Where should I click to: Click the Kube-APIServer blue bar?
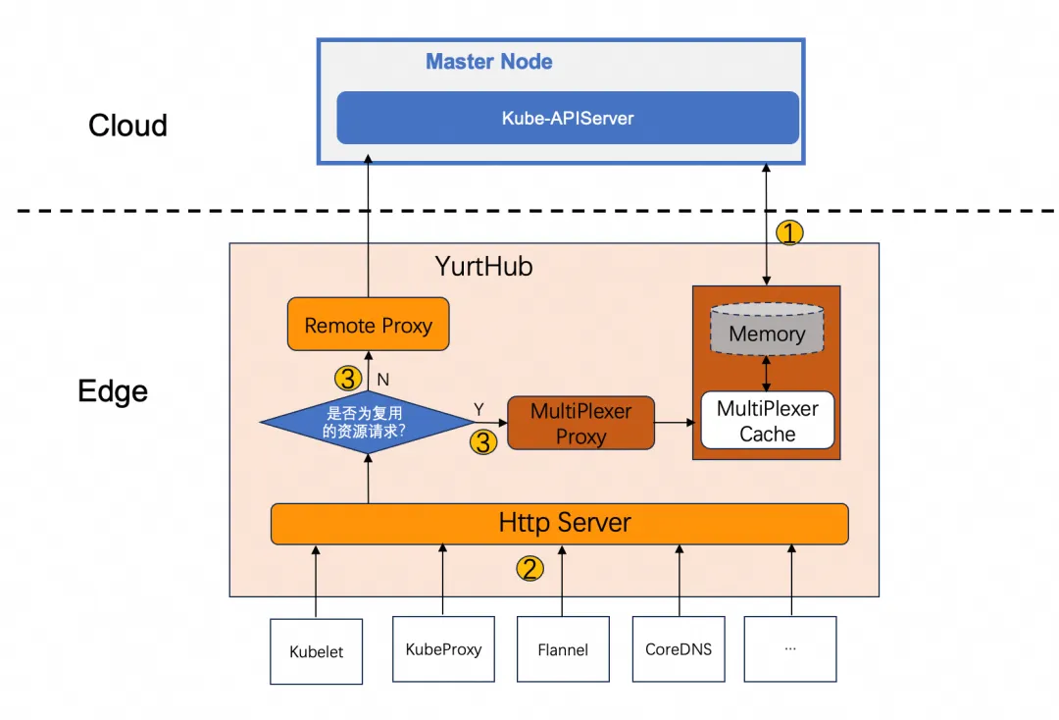click(568, 118)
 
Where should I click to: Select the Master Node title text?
click(488, 62)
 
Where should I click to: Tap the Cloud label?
click(127, 126)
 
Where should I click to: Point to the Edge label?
click(113, 391)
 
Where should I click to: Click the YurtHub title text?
click(483, 266)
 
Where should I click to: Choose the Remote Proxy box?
click(368, 325)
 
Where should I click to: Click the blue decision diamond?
click(367, 423)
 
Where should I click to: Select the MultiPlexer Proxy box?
click(580, 424)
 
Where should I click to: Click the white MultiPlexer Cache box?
click(767, 421)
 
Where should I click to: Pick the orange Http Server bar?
click(559, 523)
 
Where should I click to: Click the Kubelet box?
click(316, 650)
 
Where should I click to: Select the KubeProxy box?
click(443, 648)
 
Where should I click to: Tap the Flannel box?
click(563, 648)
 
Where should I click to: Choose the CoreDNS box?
click(679, 648)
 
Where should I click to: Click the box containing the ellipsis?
click(789, 648)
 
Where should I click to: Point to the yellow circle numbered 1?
click(789, 233)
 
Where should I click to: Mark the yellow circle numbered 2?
click(529, 568)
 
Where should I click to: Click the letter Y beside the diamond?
click(479, 408)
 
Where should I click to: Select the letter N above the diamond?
click(384, 378)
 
